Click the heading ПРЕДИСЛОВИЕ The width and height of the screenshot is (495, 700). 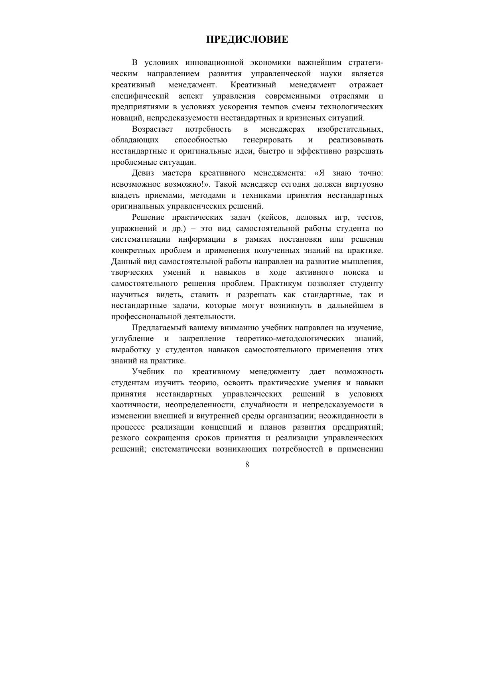pyautogui.click(x=247, y=39)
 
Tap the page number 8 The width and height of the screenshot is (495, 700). pyautogui.click(x=247, y=464)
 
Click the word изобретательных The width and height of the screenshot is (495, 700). pyautogui.click(x=350, y=129)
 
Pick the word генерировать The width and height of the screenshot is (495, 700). pyautogui.click(x=267, y=140)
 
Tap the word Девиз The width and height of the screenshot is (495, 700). pyautogui.click(x=142, y=173)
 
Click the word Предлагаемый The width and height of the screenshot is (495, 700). pyautogui.click(x=157, y=328)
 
